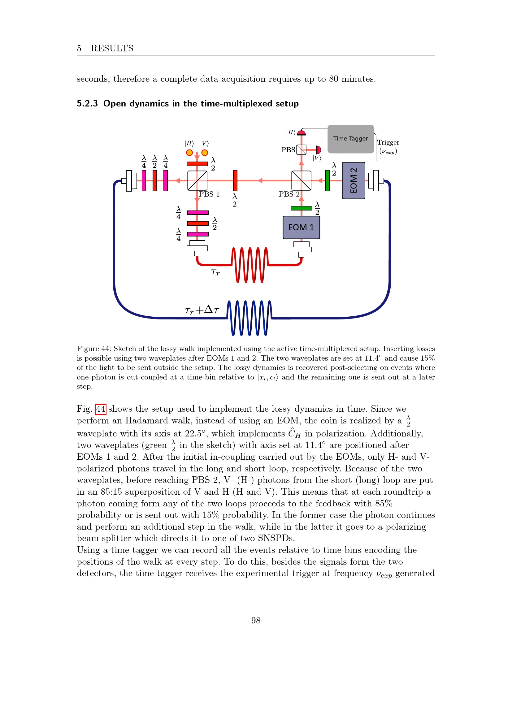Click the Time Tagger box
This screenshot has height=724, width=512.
click(350, 139)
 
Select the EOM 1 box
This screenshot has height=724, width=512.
click(301, 228)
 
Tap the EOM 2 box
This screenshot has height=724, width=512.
click(354, 180)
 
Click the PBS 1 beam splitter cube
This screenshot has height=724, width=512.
click(197, 181)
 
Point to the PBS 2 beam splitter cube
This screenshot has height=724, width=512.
click(302, 181)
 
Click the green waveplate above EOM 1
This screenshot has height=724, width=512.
click(302, 208)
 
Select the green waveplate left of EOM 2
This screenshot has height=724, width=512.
click(328, 181)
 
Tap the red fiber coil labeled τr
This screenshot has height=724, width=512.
click(250, 265)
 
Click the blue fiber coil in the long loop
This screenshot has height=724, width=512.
click(249, 318)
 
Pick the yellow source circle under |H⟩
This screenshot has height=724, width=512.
click(189, 153)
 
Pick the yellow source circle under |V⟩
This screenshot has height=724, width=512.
click(205, 153)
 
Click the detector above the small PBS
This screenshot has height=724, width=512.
click(302, 133)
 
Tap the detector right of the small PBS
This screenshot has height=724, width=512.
click(318, 150)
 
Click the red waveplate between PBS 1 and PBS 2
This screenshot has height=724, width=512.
click(235, 181)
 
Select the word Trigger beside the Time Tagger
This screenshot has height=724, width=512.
click(388, 142)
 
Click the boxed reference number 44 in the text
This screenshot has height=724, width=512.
click(101, 409)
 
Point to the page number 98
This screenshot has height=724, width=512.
click(256, 620)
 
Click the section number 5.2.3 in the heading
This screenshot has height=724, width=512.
click(87, 103)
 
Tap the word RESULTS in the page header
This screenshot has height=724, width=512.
click(112, 48)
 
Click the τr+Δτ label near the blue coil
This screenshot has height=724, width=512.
click(202, 310)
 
